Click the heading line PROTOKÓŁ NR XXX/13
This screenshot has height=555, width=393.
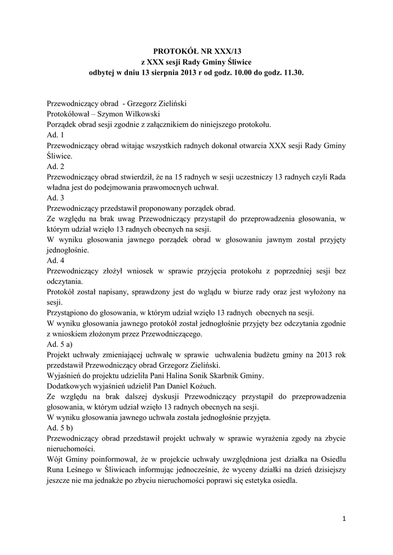tap(196, 50)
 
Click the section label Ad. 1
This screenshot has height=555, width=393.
tap(55, 135)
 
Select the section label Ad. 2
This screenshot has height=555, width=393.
tap(55, 166)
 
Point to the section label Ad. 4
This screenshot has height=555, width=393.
tap(55, 260)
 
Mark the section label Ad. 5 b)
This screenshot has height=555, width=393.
tap(61, 427)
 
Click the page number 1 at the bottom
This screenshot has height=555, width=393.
tap(344, 519)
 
